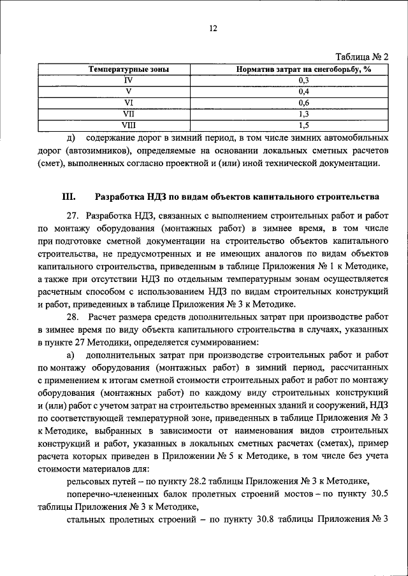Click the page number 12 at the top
point(213,28)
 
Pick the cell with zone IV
point(128,80)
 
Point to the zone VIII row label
point(128,125)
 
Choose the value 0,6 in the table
point(303,102)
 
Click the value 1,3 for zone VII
point(303,113)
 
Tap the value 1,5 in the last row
point(303,125)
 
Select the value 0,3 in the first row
point(303,80)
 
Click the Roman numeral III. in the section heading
point(69,197)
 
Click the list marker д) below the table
point(71,137)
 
